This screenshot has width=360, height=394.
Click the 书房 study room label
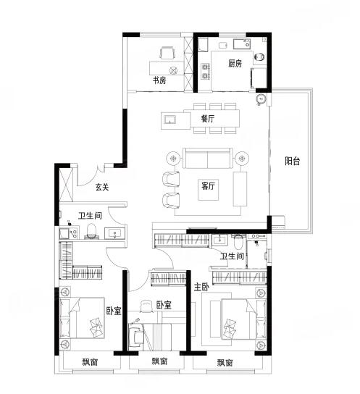click(159, 80)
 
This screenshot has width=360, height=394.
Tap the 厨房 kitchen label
click(235, 63)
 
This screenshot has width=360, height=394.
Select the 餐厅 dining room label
click(208, 119)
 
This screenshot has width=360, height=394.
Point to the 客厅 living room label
click(208, 186)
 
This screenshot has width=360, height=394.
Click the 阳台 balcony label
click(293, 161)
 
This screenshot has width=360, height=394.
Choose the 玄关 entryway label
click(102, 187)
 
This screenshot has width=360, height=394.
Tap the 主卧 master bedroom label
click(201, 287)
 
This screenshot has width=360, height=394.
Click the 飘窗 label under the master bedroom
click(225, 363)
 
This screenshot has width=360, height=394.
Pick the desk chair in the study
click(167, 53)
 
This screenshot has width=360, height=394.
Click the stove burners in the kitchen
click(205, 71)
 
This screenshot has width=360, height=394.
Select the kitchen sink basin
click(242, 44)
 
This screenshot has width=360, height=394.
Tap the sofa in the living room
click(207, 158)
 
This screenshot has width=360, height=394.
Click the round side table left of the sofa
click(173, 159)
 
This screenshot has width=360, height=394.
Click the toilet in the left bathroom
click(91, 231)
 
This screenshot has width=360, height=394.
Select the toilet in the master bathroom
click(238, 242)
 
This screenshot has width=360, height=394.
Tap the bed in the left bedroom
click(83, 319)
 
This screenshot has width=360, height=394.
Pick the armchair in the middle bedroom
click(136, 337)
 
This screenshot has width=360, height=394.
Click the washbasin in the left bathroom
click(115, 233)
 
